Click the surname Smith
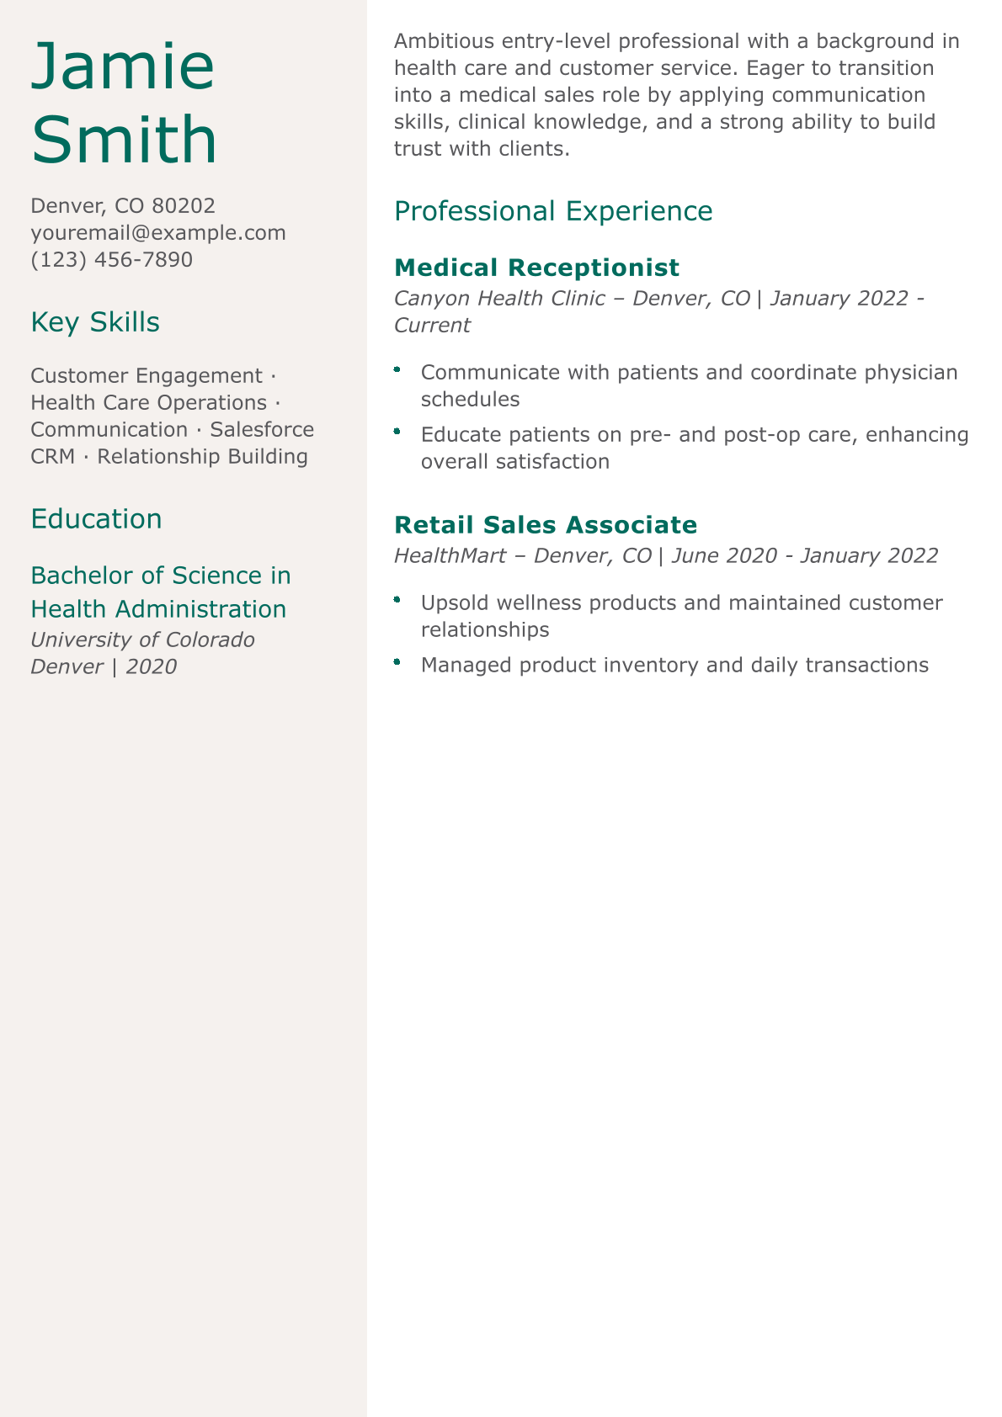pos(124,140)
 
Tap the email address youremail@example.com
pos(158,232)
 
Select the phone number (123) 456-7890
pos(111,259)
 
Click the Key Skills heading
pos(95,322)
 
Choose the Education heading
pos(96,519)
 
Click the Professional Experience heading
pos(553,211)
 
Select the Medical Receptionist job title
pos(536,268)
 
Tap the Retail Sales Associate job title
pos(546,525)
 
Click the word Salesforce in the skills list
pos(262,429)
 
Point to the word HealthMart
pos(450,555)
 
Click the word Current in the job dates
pos(432,325)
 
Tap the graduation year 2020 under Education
pos(152,666)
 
